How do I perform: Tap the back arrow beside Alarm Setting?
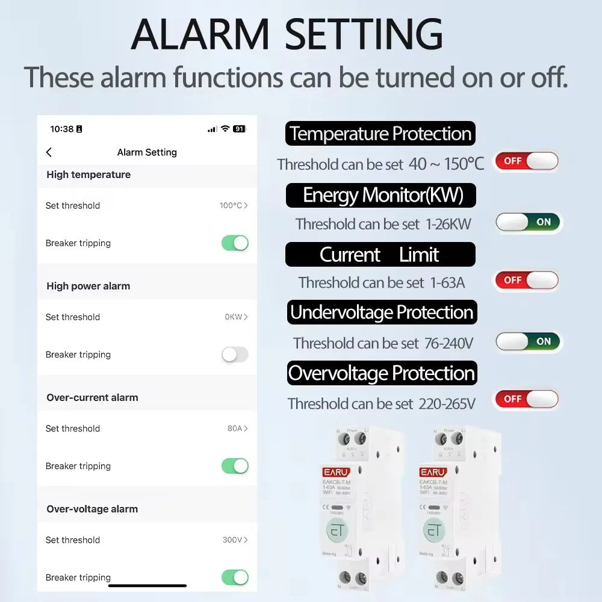pyautogui.click(x=49, y=153)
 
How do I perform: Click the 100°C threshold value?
pyautogui.click(x=234, y=205)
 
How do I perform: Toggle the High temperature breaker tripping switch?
pyautogui.click(x=235, y=243)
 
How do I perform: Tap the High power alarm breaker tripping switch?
pyautogui.click(x=235, y=355)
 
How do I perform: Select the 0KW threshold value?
pyautogui.click(x=236, y=317)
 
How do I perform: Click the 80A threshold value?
pyautogui.click(x=237, y=429)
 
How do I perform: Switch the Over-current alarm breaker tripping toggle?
pyautogui.click(x=235, y=466)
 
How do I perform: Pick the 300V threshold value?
pyautogui.click(x=235, y=540)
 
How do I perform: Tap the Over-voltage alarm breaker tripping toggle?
pyautogui.click(x=235, y=577)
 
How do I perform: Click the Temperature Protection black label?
pyautogui.click(x=380, y=134)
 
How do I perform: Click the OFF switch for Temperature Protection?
pyautogui.click(x=527, y=161)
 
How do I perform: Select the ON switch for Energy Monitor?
pyautogui.click(x=528, y=222)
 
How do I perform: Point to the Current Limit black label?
pyautogui.click(x=380, y=255)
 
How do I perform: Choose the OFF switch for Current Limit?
pyautogui.click(x=527, y=280)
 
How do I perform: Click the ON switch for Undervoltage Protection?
pyautogui.click(x=528, y=341)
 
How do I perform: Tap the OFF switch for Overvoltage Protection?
pyautogui.click(x=527, y=399)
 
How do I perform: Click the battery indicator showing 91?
pyautogui.click(x=240, y=129)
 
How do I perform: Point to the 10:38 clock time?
pyautogui.click(x=62, y=129)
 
